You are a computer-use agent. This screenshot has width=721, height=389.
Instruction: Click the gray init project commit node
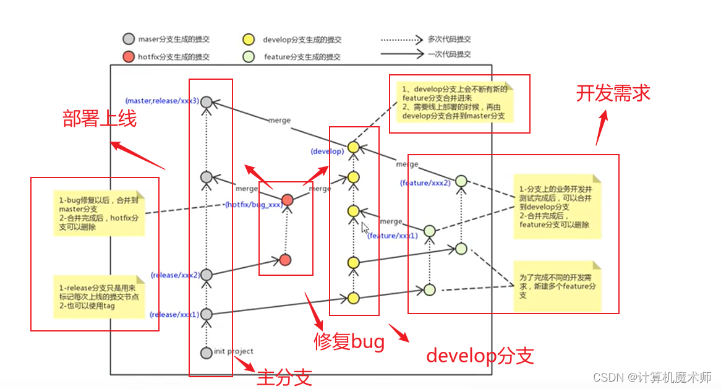207,353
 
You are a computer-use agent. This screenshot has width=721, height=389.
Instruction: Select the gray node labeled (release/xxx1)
207,314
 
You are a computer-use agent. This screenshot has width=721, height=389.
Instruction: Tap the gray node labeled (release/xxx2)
207,275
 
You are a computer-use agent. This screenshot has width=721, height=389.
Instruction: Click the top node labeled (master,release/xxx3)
207,101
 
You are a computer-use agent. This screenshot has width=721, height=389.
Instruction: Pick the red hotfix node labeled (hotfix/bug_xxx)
287,200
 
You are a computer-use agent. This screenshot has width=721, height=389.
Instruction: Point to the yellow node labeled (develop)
353,147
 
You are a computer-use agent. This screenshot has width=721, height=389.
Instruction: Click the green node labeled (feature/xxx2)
461,181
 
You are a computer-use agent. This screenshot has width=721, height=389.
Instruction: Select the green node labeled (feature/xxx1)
430,231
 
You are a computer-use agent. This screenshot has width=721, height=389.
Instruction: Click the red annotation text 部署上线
100,118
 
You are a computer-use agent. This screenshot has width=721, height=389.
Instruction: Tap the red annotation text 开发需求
613,93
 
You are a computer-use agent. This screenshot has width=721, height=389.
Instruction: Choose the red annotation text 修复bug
349,341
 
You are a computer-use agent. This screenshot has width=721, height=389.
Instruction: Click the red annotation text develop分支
480,356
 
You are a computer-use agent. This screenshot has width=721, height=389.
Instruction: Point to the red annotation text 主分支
284,377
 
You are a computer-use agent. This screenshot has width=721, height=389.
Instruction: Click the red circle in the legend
128,57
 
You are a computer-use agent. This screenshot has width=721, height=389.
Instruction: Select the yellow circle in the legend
249,40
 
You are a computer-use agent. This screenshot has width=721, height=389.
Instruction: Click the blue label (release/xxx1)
174,314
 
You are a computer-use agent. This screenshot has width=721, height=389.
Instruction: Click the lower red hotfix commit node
284,260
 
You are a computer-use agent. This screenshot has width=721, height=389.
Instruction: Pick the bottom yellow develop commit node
353,298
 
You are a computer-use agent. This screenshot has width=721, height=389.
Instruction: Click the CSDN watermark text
652,377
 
